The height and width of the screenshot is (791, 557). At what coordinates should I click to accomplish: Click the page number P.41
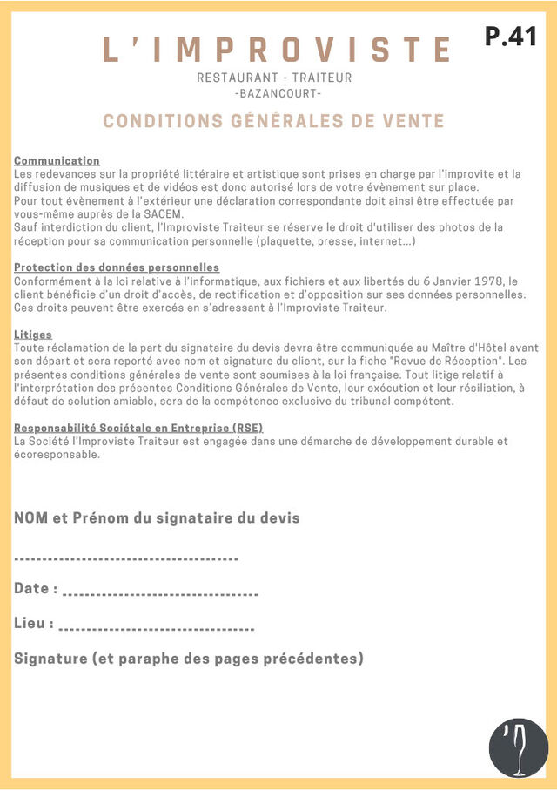[511, 37]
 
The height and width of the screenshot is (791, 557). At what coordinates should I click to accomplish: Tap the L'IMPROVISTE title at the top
[278, 50]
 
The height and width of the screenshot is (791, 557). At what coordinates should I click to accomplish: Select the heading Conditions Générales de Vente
[274, 121]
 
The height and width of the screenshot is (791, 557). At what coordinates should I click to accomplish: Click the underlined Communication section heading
[57, 161]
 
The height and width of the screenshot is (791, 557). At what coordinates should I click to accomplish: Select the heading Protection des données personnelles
[117, 267]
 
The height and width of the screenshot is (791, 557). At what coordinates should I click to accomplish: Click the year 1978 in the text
[488, 281]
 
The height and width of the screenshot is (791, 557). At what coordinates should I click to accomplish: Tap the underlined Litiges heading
[33, 335]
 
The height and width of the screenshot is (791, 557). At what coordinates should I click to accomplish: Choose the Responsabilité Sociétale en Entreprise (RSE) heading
[138, 428]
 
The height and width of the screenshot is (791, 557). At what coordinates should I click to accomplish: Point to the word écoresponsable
[57, 455]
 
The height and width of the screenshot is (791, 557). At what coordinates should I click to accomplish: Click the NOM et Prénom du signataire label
[157, 518]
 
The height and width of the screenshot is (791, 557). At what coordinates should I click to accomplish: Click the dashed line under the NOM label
[126, 558]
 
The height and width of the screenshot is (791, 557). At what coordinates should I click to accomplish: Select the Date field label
[36, 589]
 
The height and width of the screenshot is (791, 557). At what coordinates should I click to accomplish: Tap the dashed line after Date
[161, 594]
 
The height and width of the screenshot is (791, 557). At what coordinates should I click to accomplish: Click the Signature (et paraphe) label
[188, 659]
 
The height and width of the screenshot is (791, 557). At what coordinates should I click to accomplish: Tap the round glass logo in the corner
[519, 747]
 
